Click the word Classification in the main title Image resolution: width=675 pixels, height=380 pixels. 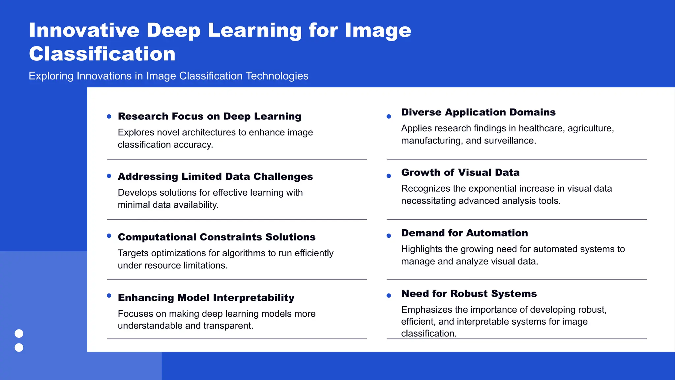pos(102,54)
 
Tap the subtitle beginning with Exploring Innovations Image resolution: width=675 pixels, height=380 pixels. pos(168,76)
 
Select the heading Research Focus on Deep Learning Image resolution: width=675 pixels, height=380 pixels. pos(210,116)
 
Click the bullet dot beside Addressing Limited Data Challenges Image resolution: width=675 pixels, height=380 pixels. pos(109,176)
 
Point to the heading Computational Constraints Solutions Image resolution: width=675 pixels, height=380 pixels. pos(217,237)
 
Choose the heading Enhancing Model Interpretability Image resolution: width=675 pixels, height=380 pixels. pos(206,298)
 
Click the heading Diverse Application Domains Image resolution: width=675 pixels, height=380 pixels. pos(478,112)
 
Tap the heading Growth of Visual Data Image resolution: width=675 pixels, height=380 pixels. pos(460,173)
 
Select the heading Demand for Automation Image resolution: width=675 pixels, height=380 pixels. pos(464,233)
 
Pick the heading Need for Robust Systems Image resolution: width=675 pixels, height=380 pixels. pos(469,294)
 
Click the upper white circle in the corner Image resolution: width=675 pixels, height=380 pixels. pos(19,333)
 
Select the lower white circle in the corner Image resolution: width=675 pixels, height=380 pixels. pos(19,347)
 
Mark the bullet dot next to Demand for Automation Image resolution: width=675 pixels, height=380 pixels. pos(389,236)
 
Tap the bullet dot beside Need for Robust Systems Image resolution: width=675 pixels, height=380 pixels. pos(389,296)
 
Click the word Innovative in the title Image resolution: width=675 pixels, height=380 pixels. pos(84,30)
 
